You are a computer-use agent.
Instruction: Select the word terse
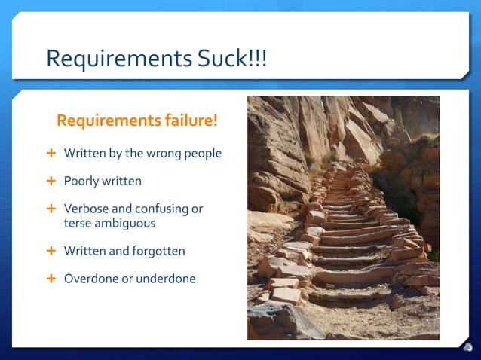tap(78, 223)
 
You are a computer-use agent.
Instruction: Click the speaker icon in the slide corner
tap(468, 347)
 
